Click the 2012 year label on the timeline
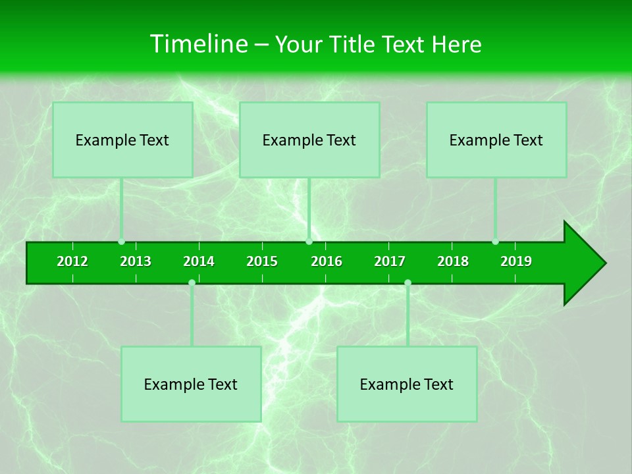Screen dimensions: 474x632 click(72, 261)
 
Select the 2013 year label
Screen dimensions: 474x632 click(136, 261)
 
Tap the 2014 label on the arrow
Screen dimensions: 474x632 click(199, 261)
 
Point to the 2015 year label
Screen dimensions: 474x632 click(262, 261)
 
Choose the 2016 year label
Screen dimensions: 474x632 click(327, 261)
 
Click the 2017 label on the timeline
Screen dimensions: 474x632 click(390, 261)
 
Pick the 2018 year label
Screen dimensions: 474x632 click(453, 261)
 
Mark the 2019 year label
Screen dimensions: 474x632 click(516, 261)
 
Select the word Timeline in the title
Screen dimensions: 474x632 click(198, 44)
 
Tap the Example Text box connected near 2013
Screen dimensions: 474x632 click(122, 140)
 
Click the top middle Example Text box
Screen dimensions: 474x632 click(309, 140)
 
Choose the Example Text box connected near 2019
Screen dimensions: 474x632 click(496, 140)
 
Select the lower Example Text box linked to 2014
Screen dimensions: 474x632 click(191, 384)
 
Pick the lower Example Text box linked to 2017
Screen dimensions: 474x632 click(407, 384)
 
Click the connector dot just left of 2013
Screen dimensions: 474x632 click(122, 242)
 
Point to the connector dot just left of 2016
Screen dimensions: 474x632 click(309, 242)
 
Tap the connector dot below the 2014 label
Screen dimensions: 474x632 click(192, 282)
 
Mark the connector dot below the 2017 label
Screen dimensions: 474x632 click(408, 282)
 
